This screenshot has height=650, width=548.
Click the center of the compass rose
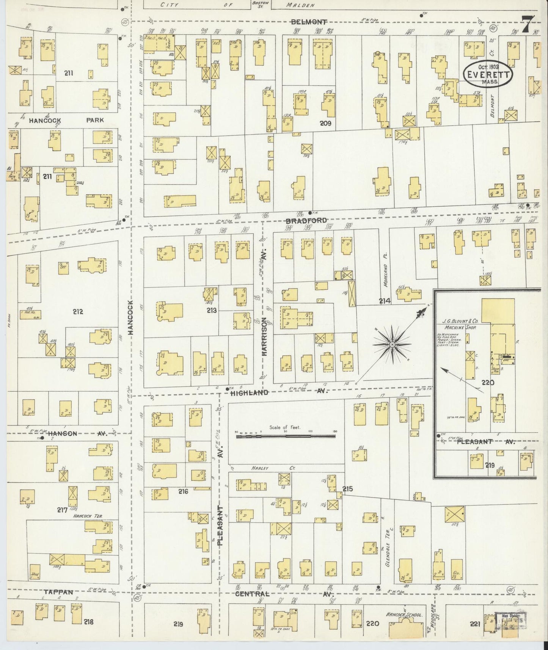392,344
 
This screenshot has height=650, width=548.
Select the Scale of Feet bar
286,436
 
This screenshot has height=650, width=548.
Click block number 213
211,311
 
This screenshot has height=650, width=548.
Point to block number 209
325,123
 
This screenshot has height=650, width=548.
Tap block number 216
183,491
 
